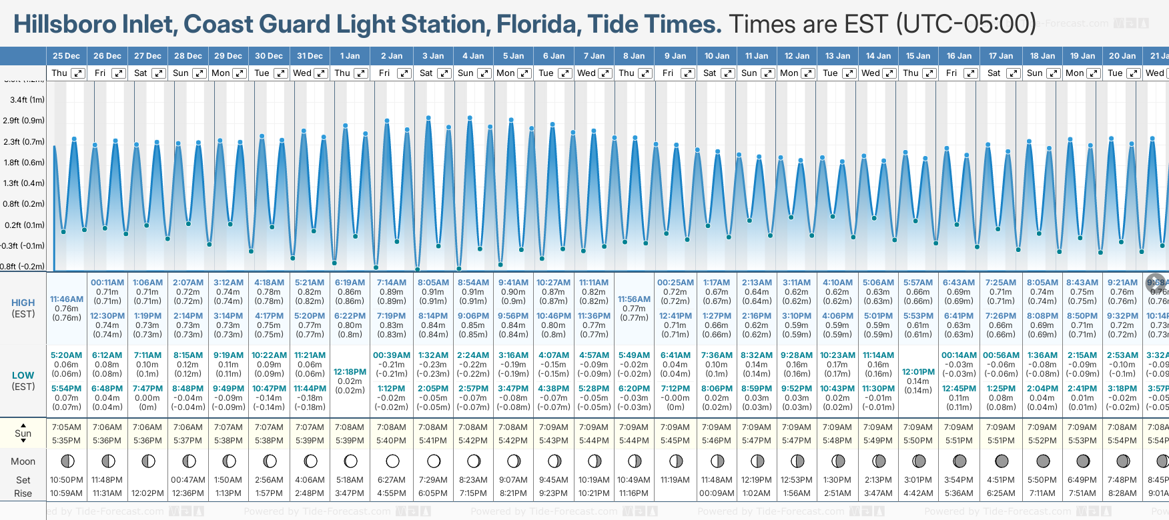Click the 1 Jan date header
350,56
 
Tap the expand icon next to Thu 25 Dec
78,73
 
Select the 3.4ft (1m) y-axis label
27,100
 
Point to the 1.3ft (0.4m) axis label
24,183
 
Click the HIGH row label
23,303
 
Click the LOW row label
23,375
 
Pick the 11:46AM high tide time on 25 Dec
67,299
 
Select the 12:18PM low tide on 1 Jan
350,372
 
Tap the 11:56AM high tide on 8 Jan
634,299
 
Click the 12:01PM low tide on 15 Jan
918,372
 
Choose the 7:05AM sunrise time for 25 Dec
67,427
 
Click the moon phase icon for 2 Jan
392,461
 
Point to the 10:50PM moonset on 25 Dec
67,480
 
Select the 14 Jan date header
878,56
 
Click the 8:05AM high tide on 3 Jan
433,283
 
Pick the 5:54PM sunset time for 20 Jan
1122,441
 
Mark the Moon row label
23,461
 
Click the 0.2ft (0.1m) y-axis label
24,225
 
